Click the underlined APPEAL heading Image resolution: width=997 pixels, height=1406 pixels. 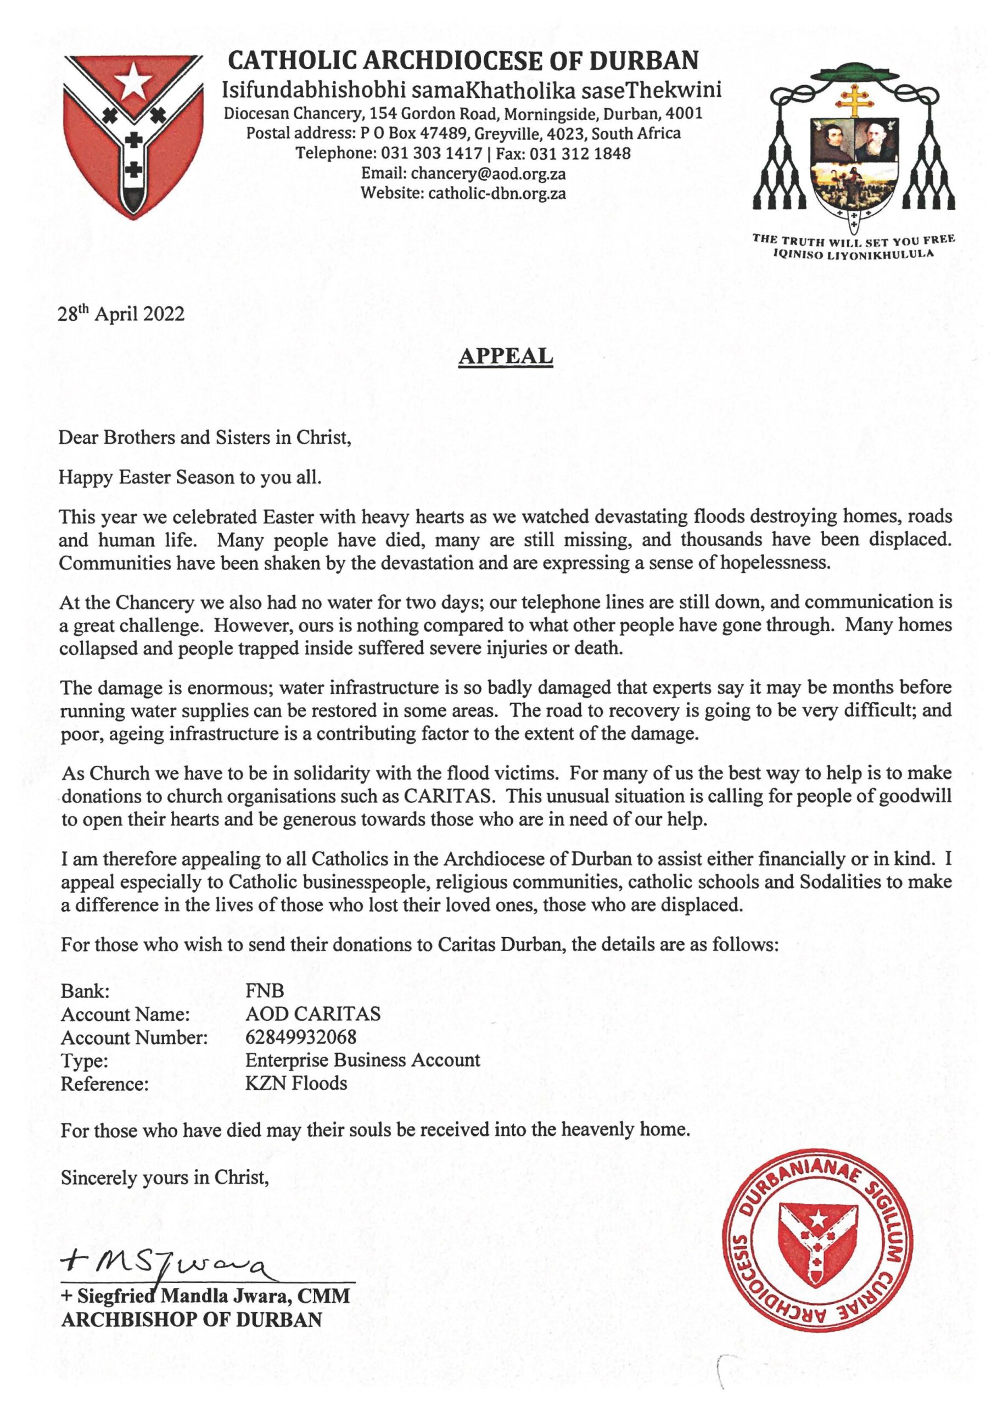pyautogui.click(x=505, y=356)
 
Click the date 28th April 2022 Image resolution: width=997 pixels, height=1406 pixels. pyautogui.click(x=121, y=314)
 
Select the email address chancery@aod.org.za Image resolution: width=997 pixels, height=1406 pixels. pyautogui.click(x=488, y=174)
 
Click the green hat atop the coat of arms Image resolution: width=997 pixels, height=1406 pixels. pyautogui.click(x=853, y=71)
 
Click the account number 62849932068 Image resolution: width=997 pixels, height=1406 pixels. pyautogui.click(x=301, y=1037)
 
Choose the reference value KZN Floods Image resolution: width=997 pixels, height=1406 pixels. pyautogui.click(x=296, y=1084)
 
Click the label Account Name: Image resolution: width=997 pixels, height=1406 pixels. pyautogui.click(x=125, y=1014)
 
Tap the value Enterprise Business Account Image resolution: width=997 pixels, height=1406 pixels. pyautogui.click(x=362, y=1061)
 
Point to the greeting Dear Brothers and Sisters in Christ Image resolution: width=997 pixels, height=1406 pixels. pyautogui.click(x=204, y=438)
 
